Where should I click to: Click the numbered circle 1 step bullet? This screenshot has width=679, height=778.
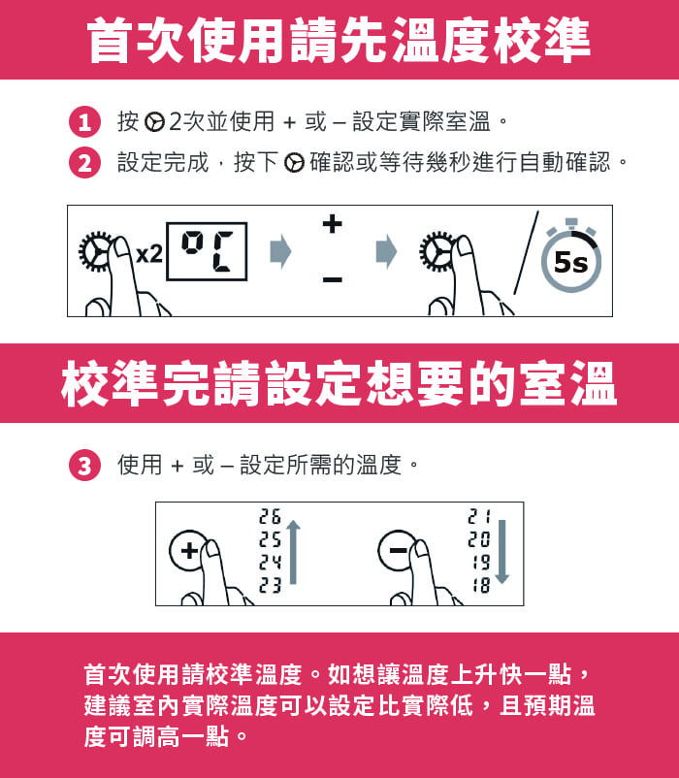84,121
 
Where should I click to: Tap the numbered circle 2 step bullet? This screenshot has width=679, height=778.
84,163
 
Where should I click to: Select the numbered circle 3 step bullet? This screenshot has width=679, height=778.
84,466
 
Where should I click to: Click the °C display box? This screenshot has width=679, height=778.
207,251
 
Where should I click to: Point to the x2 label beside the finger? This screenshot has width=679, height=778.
148,254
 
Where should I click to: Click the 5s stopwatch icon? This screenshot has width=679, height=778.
571,255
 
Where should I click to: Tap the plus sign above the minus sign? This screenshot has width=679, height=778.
333,224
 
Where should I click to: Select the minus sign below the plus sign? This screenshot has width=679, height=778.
333,279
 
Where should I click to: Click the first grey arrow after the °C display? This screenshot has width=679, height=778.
280,251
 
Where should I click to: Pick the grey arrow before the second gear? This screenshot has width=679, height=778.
387,251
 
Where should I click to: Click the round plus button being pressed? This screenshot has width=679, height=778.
188,550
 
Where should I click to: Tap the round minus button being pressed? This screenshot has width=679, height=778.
397,550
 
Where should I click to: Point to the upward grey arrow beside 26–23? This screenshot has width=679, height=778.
293,552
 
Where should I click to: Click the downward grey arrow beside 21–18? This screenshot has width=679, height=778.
501,552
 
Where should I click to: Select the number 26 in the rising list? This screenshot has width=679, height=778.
270,516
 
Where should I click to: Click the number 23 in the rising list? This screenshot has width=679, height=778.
270,586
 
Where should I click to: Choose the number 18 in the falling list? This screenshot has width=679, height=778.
480,586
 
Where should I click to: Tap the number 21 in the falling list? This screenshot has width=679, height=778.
479,516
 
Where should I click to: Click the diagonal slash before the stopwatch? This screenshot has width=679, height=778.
526,252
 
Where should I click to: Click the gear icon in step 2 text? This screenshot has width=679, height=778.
294,163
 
